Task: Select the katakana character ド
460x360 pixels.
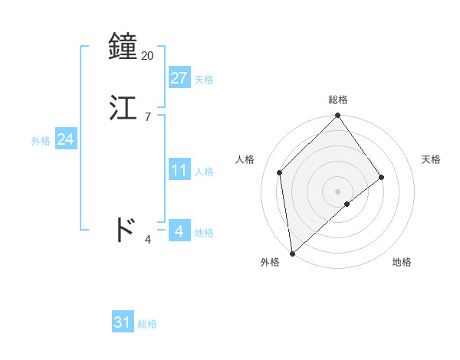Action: (x=125, y=229)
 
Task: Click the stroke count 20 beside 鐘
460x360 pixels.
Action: (x=147, y=55)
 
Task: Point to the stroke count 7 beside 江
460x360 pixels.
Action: (x=148, y=116)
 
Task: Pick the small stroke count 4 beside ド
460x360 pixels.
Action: (x=148, y=240)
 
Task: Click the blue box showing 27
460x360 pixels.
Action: (x=179, y=77)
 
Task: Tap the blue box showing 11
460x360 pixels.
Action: (x=179, y=170)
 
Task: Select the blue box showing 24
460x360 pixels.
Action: (x=66, y=139)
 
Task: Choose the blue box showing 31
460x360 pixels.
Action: (x=123, y=322)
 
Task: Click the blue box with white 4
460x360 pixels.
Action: (x=179, y=231)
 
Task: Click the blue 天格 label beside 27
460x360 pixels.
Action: (x=204, y=80)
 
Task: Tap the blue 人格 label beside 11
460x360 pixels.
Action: (x=204, y=172)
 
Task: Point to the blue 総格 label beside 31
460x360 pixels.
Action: (x=147, y=325)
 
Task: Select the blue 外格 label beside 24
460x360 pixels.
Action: (x=41, y=141)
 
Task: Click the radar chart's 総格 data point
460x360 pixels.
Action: (x=338, y=116)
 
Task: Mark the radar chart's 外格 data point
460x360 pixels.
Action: (x=292, y=254)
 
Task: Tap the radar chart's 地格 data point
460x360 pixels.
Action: (x=347, y=204)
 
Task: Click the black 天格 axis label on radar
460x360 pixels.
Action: (x=432, y=159)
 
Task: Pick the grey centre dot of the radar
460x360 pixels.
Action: (x=338, y=191)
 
